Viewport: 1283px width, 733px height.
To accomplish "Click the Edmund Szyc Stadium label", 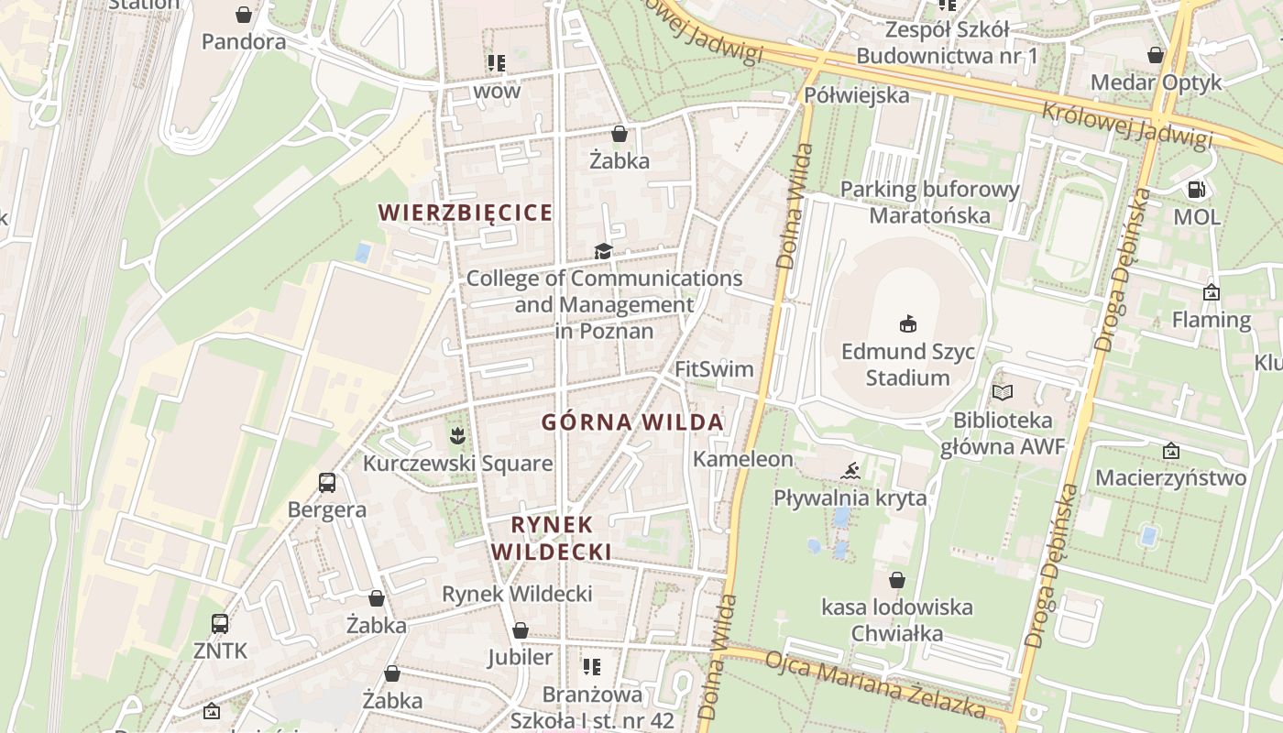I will (907, 365).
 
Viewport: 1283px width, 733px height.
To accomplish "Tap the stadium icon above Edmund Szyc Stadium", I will (908, 323).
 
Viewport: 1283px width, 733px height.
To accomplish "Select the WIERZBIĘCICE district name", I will (466, 213).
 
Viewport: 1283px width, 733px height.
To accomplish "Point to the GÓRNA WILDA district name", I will (632, 422).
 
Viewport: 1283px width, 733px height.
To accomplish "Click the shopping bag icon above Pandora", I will (244, 15).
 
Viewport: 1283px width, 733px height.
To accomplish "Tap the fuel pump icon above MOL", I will (1196, 190).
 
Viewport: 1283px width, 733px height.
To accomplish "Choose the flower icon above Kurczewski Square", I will (456, 432).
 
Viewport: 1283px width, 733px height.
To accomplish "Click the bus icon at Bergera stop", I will (326, 482).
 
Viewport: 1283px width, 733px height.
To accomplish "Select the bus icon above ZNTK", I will (220, 623).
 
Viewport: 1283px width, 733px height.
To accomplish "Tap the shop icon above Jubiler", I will (521, 630).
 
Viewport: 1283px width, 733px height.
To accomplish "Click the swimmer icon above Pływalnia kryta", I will (850, 471).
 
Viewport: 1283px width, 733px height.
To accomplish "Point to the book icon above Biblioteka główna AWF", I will (1003, 392).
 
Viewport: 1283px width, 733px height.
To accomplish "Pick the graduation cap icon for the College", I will (603, 251).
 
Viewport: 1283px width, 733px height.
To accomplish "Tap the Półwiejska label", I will (857, 95).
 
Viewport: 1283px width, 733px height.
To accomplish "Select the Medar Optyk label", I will (1156, 82).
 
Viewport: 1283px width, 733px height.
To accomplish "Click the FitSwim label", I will (714, 369).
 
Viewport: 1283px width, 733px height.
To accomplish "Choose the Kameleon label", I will (742, 459).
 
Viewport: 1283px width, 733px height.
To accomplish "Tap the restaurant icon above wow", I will (497, 63).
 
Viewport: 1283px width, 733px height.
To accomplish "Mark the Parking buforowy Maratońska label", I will (929, 202).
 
